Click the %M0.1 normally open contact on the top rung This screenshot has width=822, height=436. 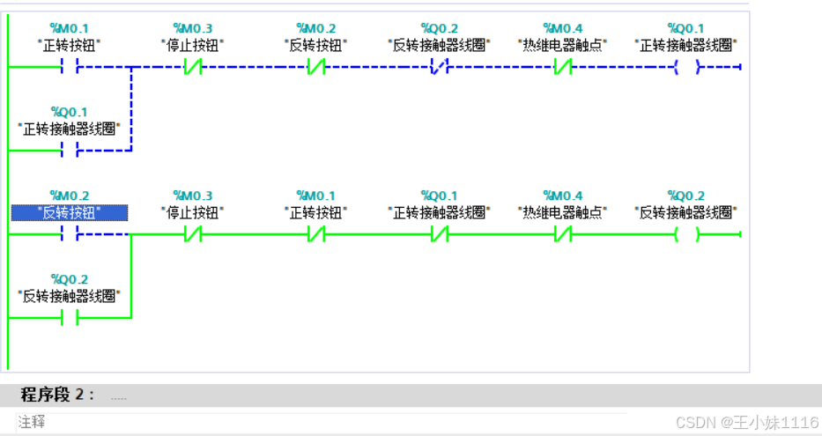click(x=70, y=67)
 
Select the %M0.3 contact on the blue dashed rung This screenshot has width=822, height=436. click(x=193, y=67)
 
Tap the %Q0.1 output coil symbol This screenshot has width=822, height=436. click(x=686, y=67)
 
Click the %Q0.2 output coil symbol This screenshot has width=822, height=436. click(x=686, y=234)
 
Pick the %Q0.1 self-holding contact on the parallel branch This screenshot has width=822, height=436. click(x=70, y=151)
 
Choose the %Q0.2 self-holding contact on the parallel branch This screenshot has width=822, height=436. click(x=70, y=318)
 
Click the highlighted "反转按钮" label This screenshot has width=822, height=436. click(x=70, y=212)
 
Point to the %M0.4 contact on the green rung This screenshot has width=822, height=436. click(x=563, y=234)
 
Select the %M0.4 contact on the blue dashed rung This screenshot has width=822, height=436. click(x=563, y=67)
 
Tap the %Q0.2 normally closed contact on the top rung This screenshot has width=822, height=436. click(x=440, y=67)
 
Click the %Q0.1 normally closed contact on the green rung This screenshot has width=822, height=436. click(x=440, y=234)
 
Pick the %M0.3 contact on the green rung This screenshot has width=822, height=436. click(x=193, y=234)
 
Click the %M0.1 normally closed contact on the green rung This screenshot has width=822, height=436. click(x=316, y=234)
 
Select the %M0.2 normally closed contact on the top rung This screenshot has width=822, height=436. click(x=316, y=67)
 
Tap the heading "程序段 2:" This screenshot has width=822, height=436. click(x=57, y=395)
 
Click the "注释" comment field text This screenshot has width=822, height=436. click(x=32, y=422)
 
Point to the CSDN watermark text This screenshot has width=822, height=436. click(x=746, y=422)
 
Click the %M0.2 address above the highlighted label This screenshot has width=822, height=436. click(x=70, y=196)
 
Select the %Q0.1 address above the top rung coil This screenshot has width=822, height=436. click(x=686, y=28)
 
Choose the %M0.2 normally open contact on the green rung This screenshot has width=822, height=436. click(x=70, y=234)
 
